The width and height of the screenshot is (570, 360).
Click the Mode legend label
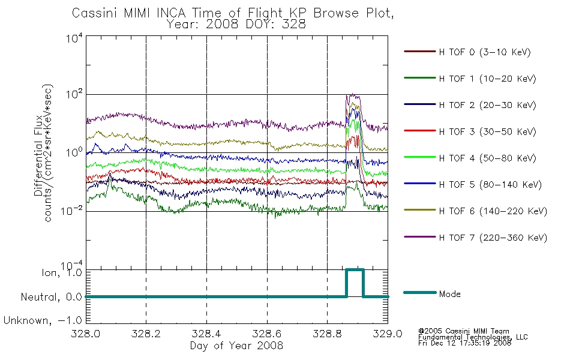pos(449,294)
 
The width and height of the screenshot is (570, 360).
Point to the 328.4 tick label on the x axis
pos(206,334)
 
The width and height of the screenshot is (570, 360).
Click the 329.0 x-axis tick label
pos(388,334)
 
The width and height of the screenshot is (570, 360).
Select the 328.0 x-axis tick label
pos(86,334)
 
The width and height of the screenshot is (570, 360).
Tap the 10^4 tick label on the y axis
pos(74,38)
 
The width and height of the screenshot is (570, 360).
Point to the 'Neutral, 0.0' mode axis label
pos(51,297)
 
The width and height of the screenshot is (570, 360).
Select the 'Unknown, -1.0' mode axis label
pos(43,320)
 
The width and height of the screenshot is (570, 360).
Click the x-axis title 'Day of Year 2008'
pos(236,346)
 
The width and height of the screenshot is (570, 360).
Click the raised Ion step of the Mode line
pos(355,270)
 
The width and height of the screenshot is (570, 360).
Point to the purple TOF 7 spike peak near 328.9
pos(351,95)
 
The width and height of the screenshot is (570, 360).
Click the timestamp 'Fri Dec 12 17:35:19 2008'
pos(464,343)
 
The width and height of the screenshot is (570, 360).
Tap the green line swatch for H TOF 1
pos(420,78)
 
